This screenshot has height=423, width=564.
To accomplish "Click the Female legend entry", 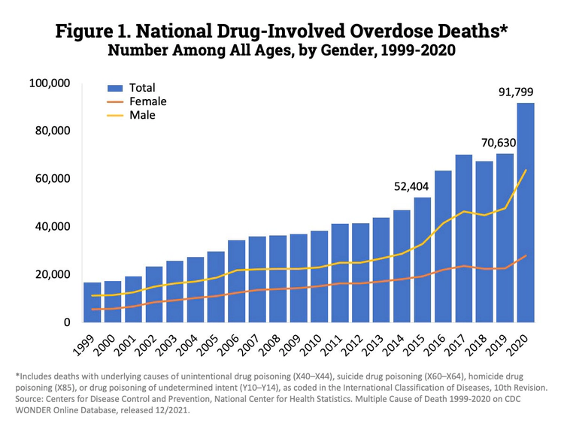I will point(147,101).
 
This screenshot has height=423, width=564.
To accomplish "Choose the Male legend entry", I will point(142,115).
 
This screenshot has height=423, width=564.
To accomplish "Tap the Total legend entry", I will point(142,88).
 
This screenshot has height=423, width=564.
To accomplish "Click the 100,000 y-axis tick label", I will point(47,83).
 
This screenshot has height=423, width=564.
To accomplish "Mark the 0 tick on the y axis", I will point(67,322).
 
